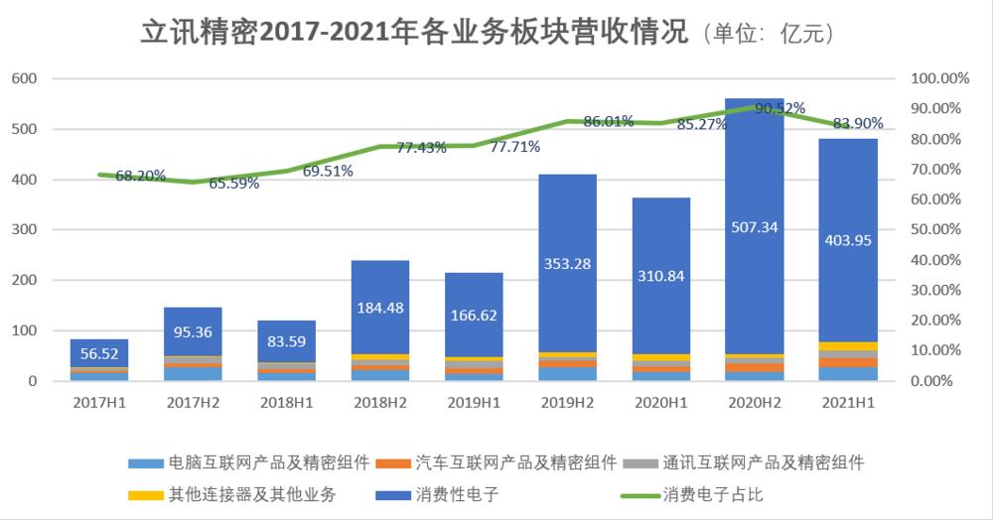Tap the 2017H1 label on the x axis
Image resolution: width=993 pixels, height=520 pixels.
click(x=99, y=404)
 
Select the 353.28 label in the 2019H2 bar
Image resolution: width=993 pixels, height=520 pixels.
click(x=567, y=263)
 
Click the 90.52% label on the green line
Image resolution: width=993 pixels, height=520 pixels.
click(x=780, y=108)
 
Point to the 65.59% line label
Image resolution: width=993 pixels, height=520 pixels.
click(x=233, y=183)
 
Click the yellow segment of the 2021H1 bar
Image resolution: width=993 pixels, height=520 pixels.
click(x=847, y=346)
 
